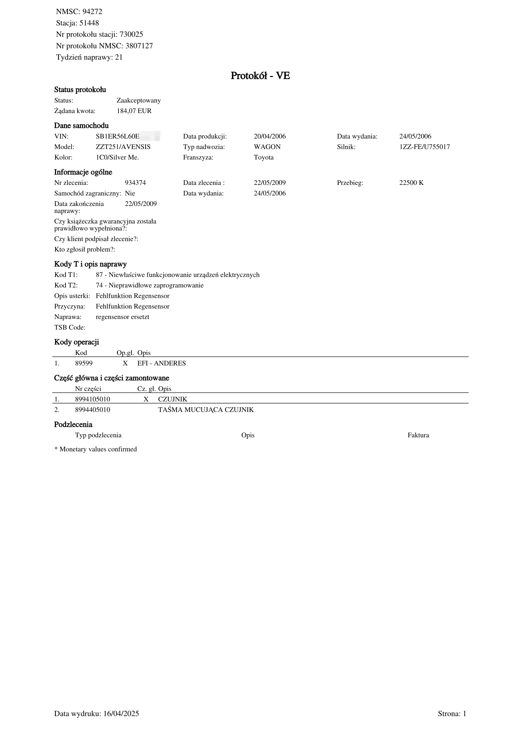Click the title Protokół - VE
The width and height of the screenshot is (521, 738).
tap(260, 76)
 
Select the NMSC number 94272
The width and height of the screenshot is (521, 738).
tap(92, 12)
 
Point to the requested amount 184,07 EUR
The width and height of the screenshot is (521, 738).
tap(134, 111)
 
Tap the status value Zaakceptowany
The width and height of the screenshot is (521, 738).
tap(138, 100)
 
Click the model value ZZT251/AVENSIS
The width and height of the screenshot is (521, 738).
tap(123, 147)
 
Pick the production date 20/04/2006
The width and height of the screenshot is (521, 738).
tap(269, 136)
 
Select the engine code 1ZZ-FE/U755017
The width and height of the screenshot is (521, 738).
tap(424, 147)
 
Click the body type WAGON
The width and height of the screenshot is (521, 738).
tap(267, 147)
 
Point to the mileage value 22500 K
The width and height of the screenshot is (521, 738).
tap(411, 183)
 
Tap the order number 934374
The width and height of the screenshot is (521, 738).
tap(135, 183)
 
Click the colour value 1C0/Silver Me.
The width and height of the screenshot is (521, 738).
tap(117, 157)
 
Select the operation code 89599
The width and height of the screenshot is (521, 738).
tap(84, 363)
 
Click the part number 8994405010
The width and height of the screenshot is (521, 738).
tap(92, 410)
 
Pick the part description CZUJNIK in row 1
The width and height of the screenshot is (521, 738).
tap(172, 399)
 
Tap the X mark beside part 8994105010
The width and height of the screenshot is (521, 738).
tap(146, 399)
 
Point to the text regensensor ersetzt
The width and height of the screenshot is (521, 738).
tap(122, 317)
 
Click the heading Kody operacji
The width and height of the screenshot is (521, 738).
tap(76, 342)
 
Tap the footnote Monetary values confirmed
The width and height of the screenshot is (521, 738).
tap(98, 449)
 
